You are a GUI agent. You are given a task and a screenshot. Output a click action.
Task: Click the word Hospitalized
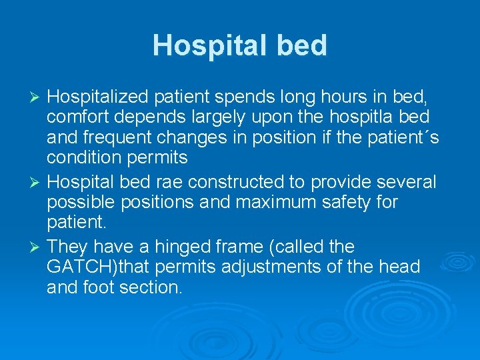click(98, 97)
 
